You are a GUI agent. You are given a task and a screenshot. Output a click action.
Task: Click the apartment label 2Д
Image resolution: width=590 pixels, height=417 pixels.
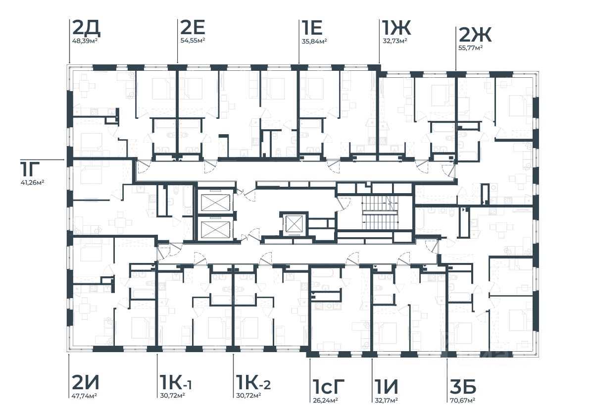click(x=86, y=28)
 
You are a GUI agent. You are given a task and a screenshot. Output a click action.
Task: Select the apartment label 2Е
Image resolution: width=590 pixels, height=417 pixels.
click(x=192, y=28)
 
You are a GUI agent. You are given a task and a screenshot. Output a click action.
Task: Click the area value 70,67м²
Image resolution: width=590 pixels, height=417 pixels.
click(x=462, y=399)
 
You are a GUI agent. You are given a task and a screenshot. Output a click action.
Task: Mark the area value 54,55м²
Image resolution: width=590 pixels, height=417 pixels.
click(x=193, y=41)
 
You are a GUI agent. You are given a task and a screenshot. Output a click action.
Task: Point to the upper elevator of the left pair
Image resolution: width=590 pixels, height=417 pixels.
click(x=215, y=203)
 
